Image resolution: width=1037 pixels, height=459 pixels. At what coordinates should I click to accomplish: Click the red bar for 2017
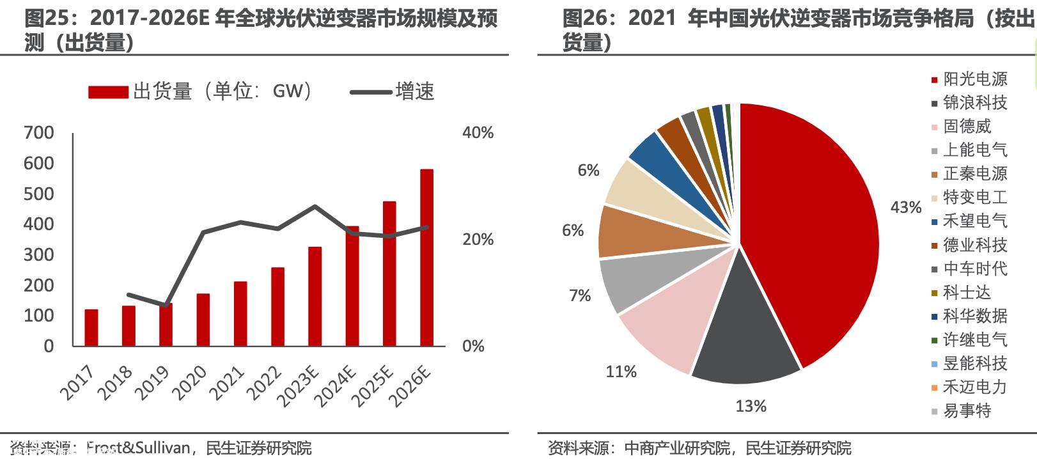(91, 328)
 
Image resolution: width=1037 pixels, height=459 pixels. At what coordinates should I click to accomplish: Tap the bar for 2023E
(315, 297)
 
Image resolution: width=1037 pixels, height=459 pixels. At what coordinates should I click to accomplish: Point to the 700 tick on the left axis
(38, 133)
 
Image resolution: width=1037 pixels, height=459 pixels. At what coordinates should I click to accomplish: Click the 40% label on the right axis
(478, 133)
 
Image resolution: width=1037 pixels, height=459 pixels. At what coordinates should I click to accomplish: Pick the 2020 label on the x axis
(191, 382)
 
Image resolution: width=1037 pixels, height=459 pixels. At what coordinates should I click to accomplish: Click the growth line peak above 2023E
(315, 206)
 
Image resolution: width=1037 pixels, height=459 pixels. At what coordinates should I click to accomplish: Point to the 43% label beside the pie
(905, 207)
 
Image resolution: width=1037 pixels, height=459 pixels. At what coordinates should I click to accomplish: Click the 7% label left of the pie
(579, 295)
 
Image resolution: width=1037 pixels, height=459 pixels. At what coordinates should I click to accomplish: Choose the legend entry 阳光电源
(974, 79)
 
